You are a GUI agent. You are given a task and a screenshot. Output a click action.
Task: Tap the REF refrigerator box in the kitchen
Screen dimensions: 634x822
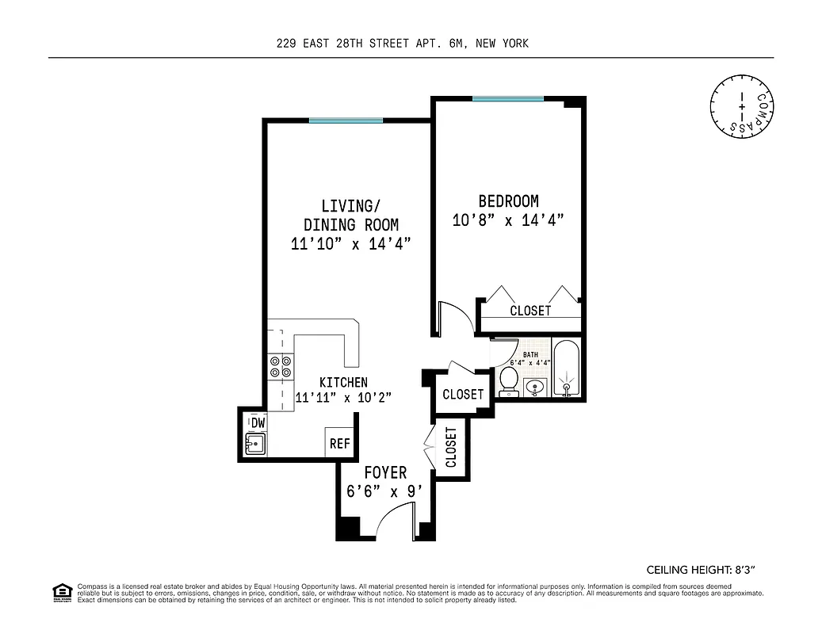[x=339, y=444]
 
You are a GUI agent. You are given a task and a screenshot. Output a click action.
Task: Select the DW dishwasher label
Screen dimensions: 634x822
[x=258, y=422]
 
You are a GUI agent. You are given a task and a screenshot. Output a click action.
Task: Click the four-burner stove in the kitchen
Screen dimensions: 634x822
[x=280, y=365]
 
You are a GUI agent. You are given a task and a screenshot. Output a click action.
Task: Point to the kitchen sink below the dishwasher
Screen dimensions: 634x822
[x=255, y=445]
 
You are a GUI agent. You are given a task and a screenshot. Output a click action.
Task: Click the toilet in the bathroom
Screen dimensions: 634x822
[x=509, y=380]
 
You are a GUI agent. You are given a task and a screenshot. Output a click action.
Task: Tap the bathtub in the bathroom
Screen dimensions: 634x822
[x=566, y=369]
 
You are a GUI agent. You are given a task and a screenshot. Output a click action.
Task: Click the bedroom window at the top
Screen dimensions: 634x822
[x=507, y=99]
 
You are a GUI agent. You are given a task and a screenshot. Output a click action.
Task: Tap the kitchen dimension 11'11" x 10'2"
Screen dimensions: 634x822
[x=343, y=398]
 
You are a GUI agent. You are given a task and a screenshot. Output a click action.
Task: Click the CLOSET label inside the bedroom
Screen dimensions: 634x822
[x=530, y=311]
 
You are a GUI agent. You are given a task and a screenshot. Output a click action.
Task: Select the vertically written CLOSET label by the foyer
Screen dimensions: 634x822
[x=451, y=448]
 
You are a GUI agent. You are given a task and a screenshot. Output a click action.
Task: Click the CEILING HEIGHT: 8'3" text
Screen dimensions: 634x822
[x=706, y=569]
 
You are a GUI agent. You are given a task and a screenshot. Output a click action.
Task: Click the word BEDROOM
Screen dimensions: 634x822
[x=507, y=201]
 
